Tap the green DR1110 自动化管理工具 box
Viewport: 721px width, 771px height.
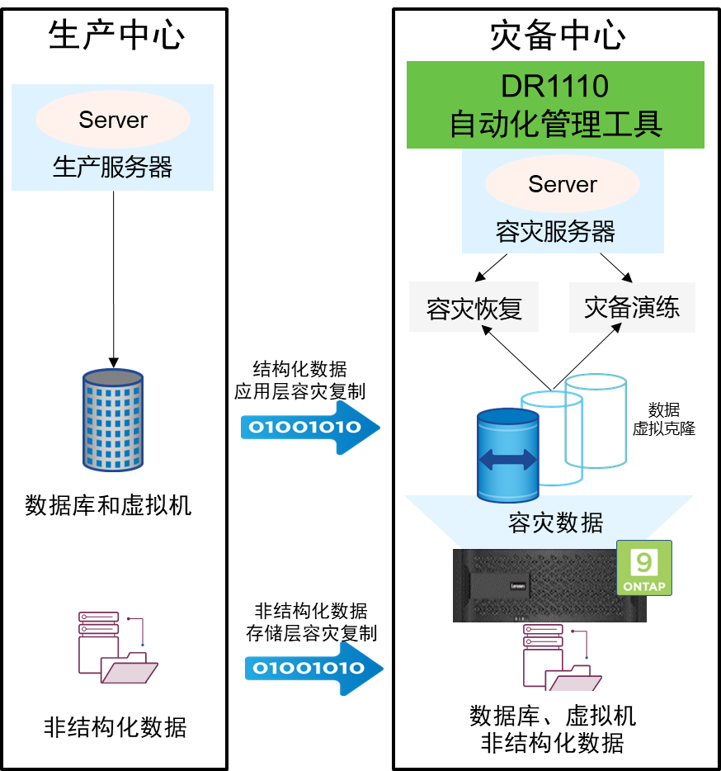555,105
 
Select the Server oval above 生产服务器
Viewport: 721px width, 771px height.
113,120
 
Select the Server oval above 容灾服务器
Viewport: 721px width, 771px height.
563,184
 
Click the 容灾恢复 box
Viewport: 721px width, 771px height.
474,308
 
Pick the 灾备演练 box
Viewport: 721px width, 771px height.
632,307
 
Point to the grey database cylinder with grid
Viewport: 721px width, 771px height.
113,419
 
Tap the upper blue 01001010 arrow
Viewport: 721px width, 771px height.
310,428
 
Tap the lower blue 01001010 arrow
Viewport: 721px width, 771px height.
313,668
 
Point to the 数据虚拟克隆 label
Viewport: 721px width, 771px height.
663,419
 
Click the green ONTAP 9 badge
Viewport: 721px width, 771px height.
644,567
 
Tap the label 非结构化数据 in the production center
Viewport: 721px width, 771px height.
115,727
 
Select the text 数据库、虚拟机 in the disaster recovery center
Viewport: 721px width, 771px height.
553,715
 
